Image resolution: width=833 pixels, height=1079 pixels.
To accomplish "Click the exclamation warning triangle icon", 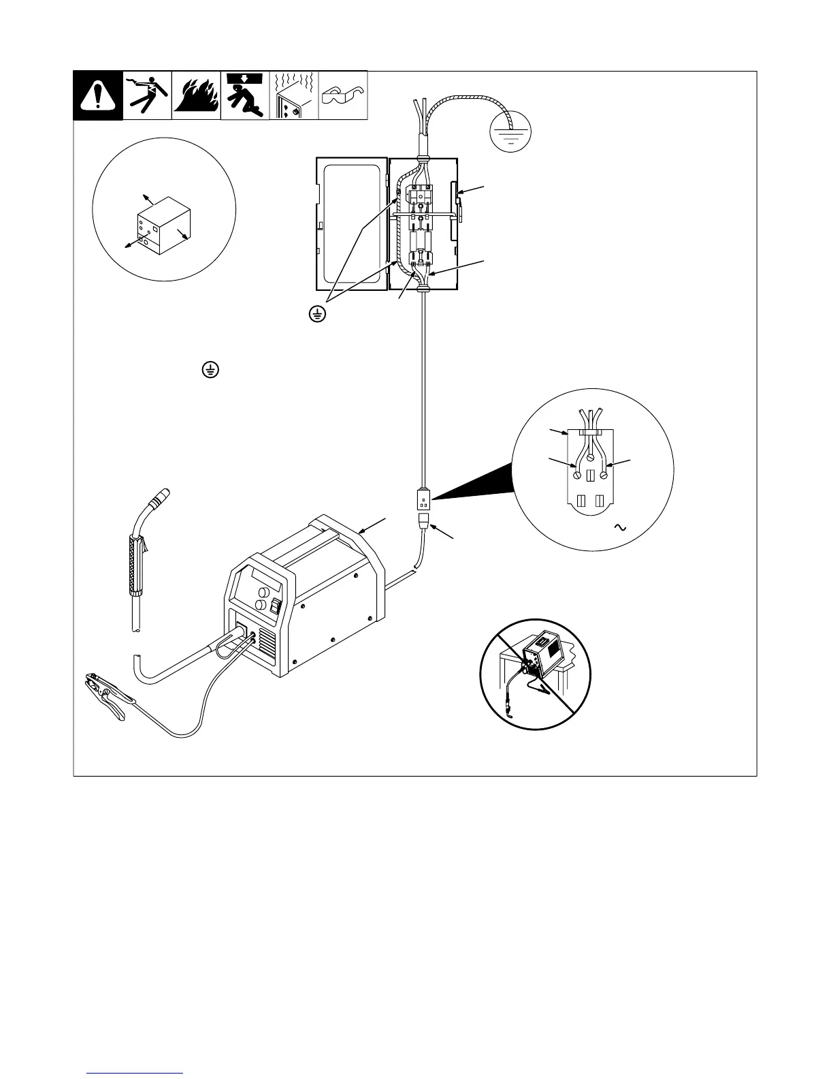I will (98, 96).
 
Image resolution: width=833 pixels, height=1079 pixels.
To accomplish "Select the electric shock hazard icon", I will (147, 96).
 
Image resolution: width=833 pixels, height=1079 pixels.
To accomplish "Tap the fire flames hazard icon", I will (196, 96).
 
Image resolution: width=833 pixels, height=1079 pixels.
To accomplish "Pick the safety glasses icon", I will (343, 96).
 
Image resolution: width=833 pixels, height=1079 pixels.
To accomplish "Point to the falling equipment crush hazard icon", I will (245, 96).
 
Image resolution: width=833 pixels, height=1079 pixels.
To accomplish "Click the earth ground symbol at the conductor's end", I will (510, 132).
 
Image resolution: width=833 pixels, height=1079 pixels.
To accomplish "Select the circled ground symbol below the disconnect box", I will (316, 314).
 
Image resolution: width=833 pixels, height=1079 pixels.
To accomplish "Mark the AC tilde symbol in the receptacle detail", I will (619, 527).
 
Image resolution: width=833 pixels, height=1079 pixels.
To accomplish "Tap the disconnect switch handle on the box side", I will (461, 204).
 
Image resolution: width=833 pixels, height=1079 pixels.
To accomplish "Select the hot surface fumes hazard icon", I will (294, 96).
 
